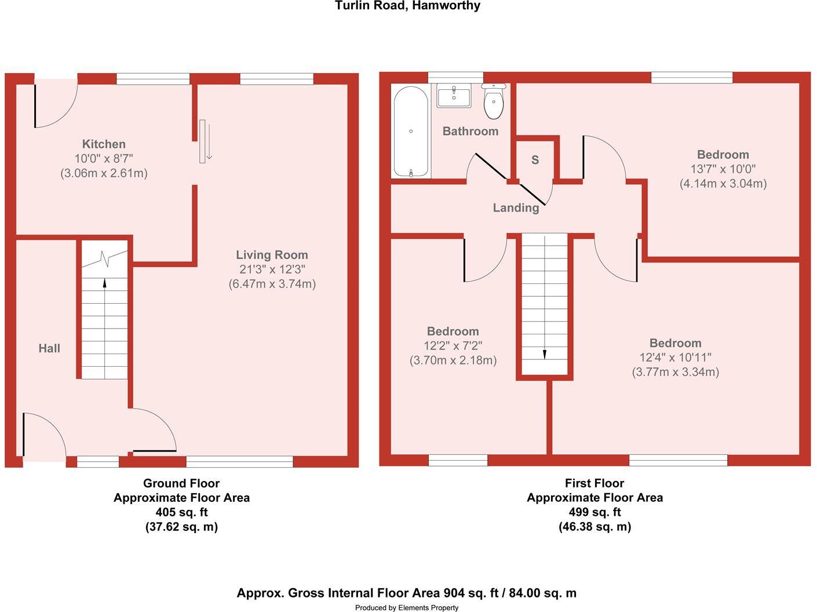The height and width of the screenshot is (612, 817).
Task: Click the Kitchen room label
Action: click(104, 144)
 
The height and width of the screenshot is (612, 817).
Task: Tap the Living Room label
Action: click(272, 255)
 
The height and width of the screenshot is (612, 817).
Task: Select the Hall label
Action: click(49, 348)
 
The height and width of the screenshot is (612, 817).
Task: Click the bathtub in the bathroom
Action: click(411, 132)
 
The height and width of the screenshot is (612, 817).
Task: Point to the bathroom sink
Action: click(454, 96)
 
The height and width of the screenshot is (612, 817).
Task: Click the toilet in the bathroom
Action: click(493, 101)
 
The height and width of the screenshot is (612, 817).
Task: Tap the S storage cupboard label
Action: click(535, 160)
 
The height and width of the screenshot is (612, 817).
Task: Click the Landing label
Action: click(516, 207)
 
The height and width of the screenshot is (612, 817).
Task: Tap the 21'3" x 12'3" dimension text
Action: click(272, 269)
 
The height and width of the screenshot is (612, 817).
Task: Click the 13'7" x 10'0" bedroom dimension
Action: click(723, 169)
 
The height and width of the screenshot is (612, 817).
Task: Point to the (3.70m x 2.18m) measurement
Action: click(453, 360)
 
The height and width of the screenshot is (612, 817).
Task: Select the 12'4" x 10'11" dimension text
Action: click(675, 358)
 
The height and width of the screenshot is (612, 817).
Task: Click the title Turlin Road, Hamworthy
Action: click(407, 6)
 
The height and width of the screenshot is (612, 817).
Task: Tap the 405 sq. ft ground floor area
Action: click(181, 512)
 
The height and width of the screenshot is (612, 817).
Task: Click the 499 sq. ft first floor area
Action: click(594, 512)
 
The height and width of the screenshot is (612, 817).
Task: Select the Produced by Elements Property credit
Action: click(407, 607)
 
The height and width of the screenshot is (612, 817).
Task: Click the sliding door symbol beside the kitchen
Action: click(205, 141)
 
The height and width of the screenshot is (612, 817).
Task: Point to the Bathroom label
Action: click(470, 131)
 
